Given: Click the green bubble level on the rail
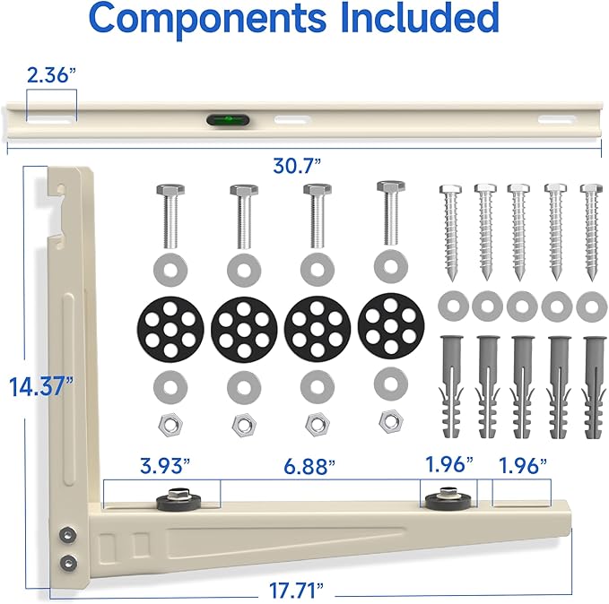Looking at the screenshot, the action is pos(228,119).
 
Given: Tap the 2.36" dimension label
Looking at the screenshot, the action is pos(51,75).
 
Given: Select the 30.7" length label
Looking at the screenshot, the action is pos(297,166).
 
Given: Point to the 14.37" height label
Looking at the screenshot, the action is pos(41,386).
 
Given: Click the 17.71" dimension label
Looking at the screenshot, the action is pos(296,591).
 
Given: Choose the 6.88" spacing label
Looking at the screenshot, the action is pos(309,466).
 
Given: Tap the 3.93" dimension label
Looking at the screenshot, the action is pos(165,465).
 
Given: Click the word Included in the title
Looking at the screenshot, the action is pos(420,17).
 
